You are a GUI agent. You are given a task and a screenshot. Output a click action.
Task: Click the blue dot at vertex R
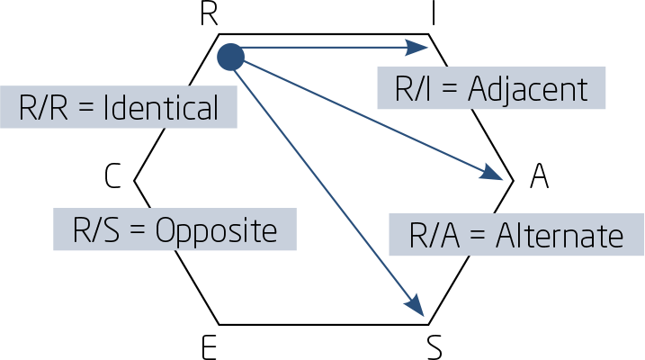coord(231,57)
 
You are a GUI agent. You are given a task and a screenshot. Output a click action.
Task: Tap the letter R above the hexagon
coord(209,14)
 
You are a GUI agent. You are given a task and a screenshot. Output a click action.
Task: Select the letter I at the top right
coord(434,14)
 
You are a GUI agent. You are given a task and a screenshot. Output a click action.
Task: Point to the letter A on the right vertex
coord(539,177)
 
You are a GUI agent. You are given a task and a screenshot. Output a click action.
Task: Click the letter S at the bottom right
coord(434,346)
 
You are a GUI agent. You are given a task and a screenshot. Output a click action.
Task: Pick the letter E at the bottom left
coord(209,346)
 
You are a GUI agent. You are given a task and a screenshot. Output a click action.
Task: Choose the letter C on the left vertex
coord(112,177)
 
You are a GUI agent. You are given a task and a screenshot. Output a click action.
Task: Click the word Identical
coord(161,109)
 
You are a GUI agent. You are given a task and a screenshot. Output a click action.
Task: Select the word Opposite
coord(216,230)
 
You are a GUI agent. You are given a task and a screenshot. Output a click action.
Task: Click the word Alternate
coord(556,236)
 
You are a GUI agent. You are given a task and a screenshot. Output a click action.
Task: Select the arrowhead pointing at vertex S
coord(415,306)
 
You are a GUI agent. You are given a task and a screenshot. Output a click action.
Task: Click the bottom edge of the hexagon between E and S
coord(324,324)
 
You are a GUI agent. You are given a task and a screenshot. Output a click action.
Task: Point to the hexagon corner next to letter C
coord(135,180)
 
